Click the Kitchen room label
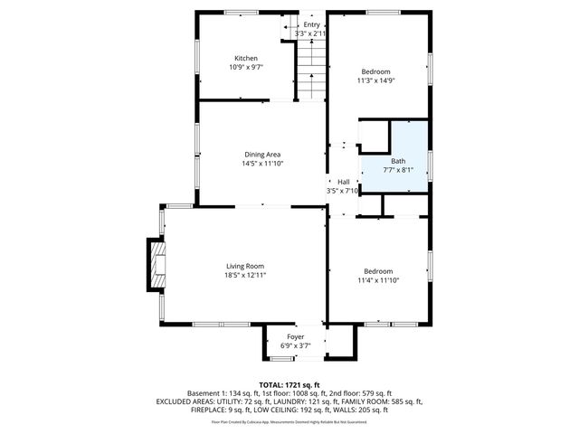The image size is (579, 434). [246, 59]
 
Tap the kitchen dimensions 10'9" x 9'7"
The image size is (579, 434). [246, 67]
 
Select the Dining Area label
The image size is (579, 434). [262, 155]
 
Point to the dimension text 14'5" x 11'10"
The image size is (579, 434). [262, 164]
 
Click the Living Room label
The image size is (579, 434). [245, 266]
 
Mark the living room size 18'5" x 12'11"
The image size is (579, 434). [245, 275]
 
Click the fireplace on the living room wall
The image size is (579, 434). [155, 264]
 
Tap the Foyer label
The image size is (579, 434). [296, 336]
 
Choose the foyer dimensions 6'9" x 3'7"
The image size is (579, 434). [296, 344]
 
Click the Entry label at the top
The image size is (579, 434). [310, 24]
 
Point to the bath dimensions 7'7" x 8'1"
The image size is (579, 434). [398, 169]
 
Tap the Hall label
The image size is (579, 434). [343, 182]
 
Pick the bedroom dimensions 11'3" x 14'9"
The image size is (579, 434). [376, 80]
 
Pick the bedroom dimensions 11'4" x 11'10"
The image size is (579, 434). [378, 280]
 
